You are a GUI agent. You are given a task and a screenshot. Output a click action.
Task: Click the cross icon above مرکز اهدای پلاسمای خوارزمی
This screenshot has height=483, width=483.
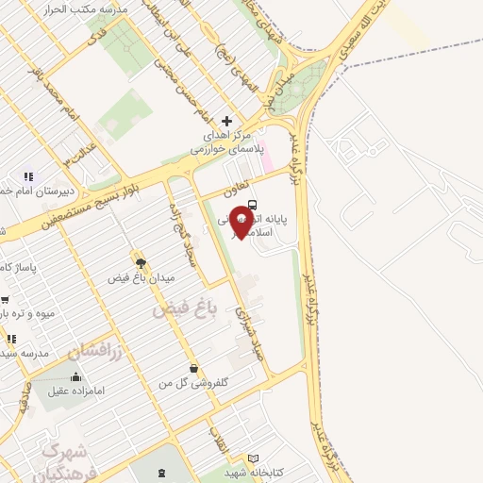(x=226, y=121)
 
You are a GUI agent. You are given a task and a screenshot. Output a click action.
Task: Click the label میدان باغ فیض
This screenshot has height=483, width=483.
(x=131, y=278)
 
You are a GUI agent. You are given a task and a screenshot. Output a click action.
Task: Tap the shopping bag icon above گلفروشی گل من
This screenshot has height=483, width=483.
(x=193, y=368)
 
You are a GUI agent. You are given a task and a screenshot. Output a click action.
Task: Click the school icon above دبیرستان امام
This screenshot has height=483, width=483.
(x=29, y=175)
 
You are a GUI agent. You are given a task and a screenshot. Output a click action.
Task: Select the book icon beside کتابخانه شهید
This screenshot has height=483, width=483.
(x=252, y=458)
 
